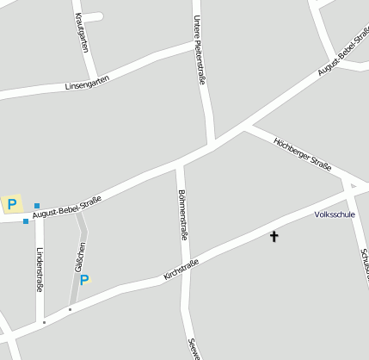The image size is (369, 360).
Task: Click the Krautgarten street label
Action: point(83,33)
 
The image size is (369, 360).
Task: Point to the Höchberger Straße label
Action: point(302,153)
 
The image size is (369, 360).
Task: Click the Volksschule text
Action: point(335,214)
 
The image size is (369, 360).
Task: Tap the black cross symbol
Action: point(274,235)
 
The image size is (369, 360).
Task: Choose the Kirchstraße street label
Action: point(181,270)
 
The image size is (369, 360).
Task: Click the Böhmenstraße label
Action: point(182,214)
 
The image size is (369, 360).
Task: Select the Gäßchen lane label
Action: point(80,256)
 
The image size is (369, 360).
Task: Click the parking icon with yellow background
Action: point(12,204)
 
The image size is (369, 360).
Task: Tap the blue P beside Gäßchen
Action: point(84,279)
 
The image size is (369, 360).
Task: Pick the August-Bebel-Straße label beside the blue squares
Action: point(67,208)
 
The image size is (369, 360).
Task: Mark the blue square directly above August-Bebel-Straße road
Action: point(37,206)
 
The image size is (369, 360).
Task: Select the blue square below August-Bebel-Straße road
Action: point(26,221)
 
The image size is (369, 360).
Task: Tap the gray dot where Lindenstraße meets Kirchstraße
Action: point(44,322)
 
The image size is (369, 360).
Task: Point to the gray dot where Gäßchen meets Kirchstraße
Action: point(70,309)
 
